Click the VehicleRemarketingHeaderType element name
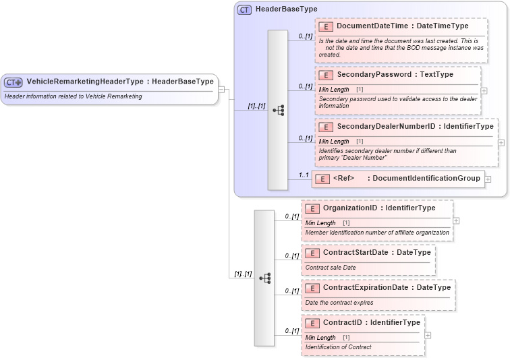click(x=84, y=82)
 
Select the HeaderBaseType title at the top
click(x=286, y=9)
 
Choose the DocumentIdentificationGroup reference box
click(x=398, y=179)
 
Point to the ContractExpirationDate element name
click(x=368, y=287)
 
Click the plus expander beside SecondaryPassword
click(x=484, y=90)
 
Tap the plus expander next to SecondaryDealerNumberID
click(x=501, y=142)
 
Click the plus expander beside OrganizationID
click(x=456, y=220)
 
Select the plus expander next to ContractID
click(x=428, y=335)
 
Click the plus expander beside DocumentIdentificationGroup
click(x=488, y=179)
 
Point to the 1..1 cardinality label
click(x=304, y=175)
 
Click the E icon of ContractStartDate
click(x=312, y=253)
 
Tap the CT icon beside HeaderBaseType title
click(x=244, y=9)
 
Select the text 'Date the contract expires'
click(x=339, y=303)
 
